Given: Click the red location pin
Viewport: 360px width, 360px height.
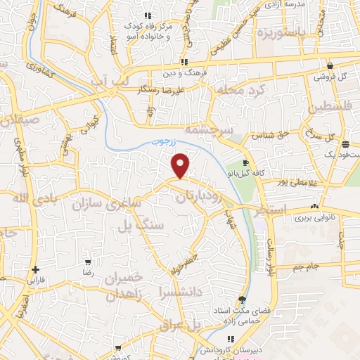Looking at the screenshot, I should (x=181, y=166).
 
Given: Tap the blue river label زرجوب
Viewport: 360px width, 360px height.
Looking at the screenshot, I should (x=167, y=141).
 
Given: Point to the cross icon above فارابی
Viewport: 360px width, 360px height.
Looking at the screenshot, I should (x=35, y=269).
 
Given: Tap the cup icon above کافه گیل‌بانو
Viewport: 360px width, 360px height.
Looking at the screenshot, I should (x=245, y=162).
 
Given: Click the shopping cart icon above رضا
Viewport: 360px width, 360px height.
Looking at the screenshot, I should (x=88, y=261).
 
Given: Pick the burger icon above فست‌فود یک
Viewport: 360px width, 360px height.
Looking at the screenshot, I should (x=345, y=144).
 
